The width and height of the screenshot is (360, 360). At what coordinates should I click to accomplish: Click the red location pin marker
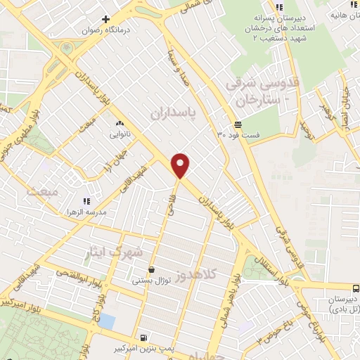pos(181,165)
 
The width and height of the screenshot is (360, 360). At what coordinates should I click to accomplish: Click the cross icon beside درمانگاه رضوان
pos(105,19)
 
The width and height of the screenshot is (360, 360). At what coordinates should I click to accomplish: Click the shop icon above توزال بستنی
pos(151,269)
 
